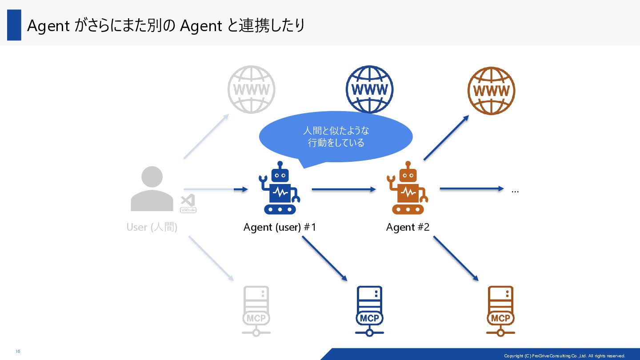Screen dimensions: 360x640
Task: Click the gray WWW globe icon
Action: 251,89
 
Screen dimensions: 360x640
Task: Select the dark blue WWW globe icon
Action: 369,89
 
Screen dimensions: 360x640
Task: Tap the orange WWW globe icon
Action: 491,91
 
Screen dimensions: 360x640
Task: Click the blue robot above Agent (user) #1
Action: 279,188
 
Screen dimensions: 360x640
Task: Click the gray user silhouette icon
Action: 152,189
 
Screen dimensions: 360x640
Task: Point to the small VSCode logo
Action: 188,204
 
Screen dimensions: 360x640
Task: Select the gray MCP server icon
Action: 256,311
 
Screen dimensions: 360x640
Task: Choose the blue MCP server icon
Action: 369,311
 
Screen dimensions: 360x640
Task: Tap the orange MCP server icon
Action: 500,311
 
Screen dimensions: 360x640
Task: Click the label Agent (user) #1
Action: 280,227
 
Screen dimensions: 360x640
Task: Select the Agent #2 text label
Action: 408,227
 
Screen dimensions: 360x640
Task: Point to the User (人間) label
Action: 152,227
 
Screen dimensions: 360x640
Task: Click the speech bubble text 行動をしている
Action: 336,143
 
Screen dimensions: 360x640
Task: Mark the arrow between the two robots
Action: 344,189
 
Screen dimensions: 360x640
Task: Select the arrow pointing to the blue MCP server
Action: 324,258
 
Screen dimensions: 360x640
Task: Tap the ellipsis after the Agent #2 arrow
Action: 515,191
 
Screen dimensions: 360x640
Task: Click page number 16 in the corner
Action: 18,352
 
